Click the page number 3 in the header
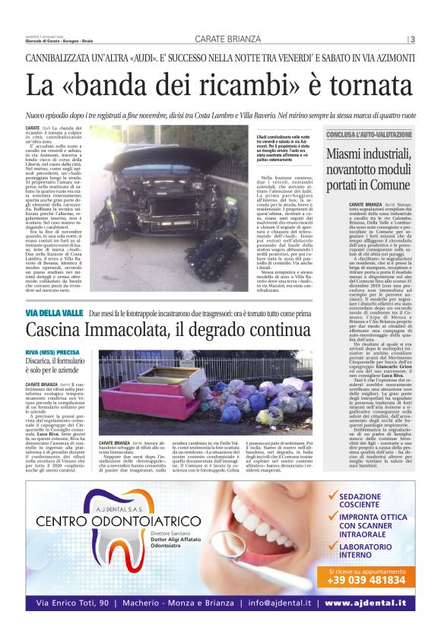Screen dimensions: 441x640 [412, 40]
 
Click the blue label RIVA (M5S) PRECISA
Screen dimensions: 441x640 [52, 353]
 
